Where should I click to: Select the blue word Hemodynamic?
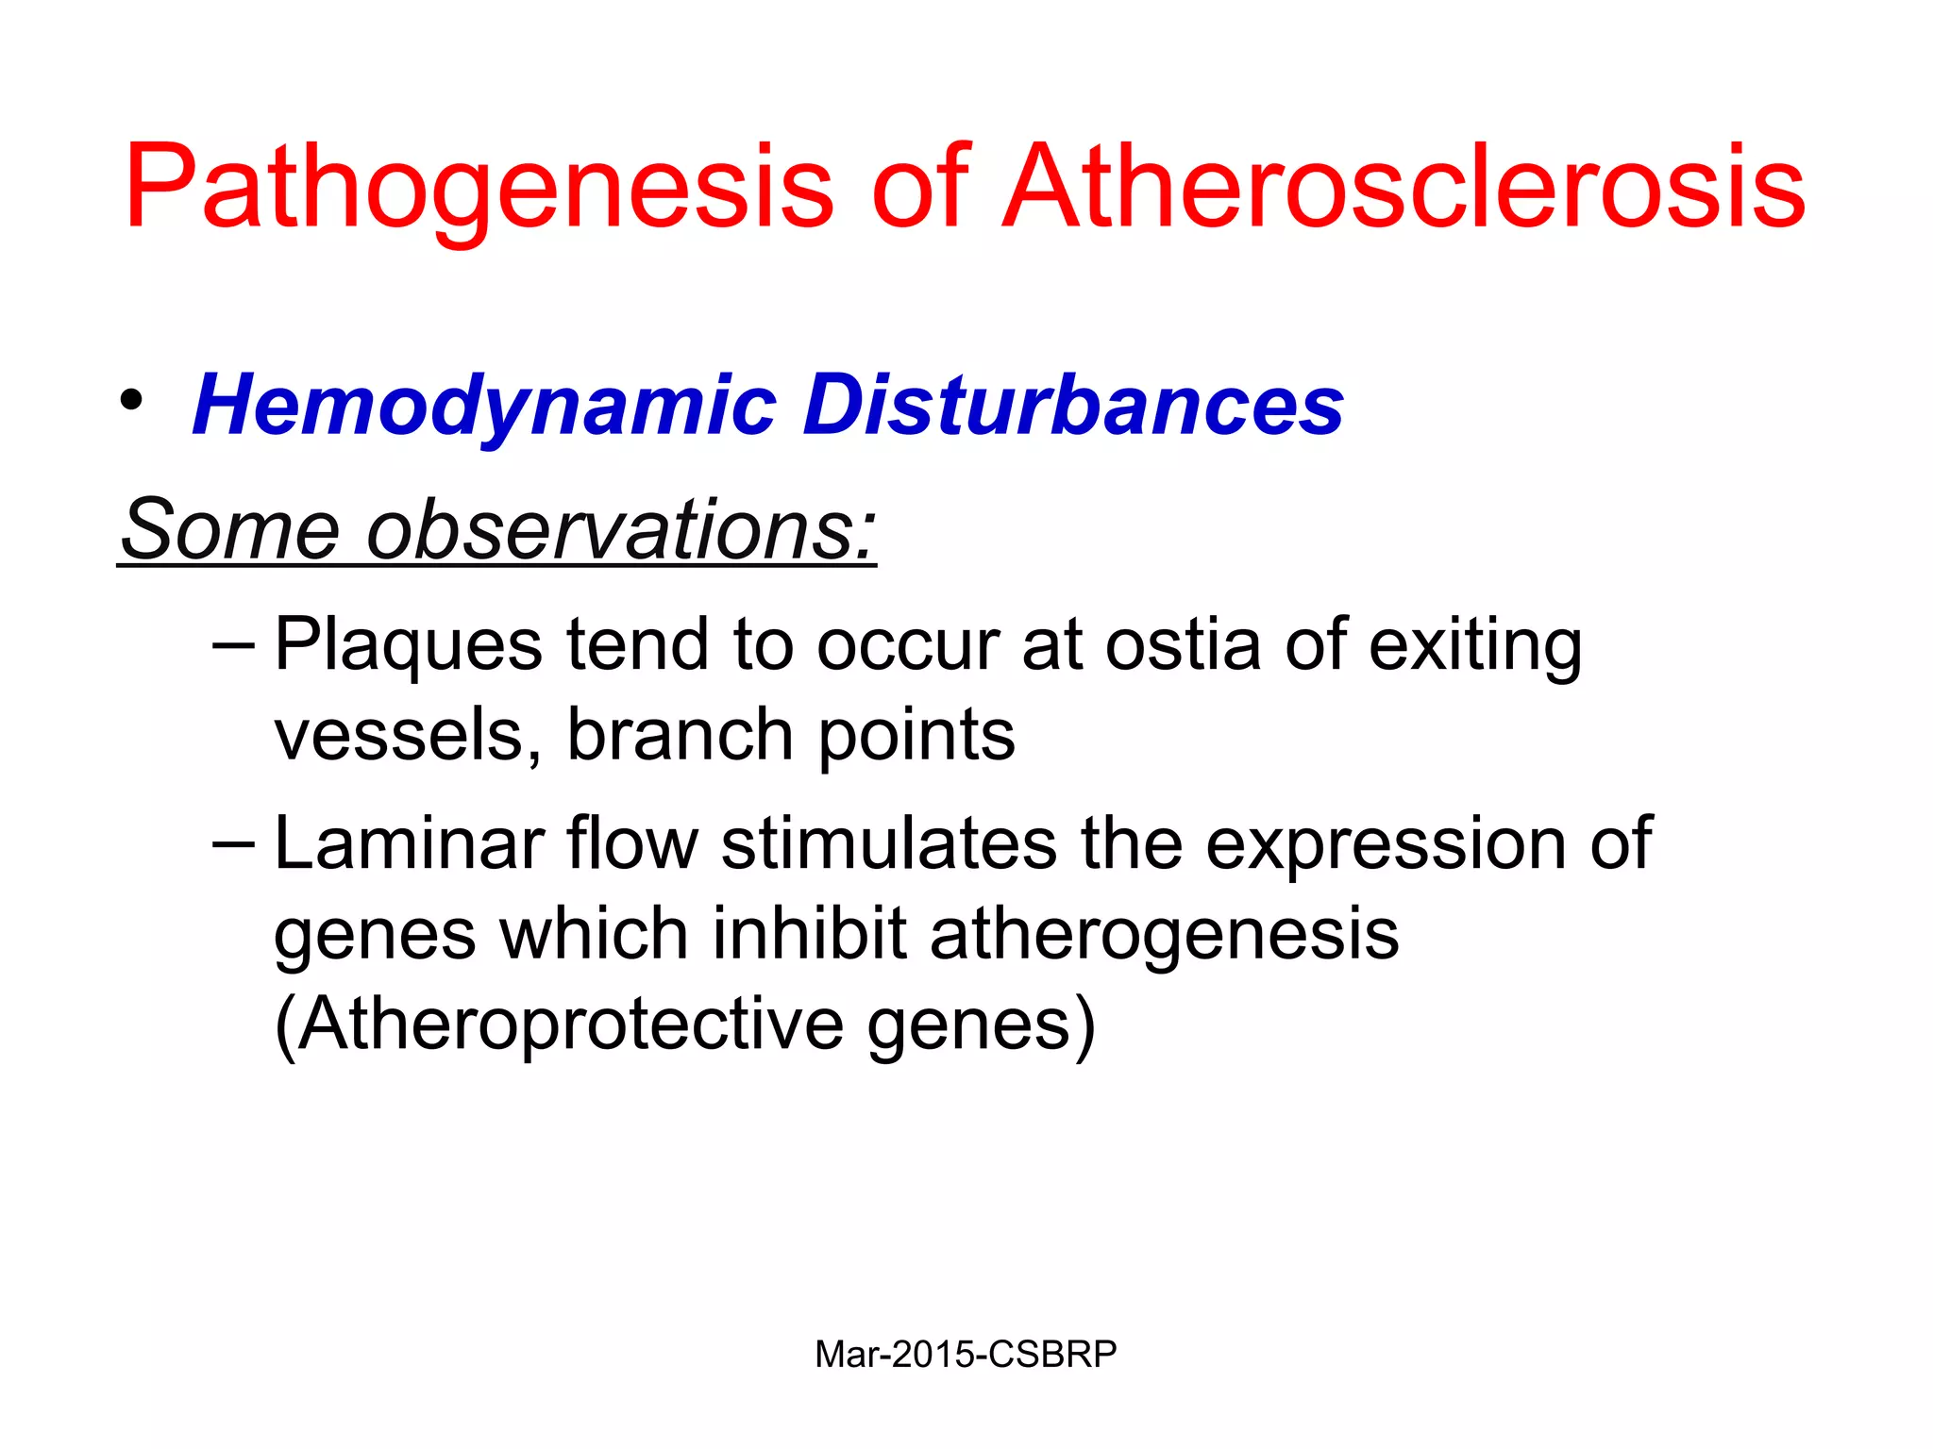[x=484, y=406]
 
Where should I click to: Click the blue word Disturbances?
[x=1073, y=406]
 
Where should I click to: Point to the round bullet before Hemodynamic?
[x=131, y=401]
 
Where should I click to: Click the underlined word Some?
[x=229, y=529]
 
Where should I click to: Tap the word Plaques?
[x=408, y=647]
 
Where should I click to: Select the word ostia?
[x=1183, y=645]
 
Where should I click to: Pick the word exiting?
[x=1475, y=647]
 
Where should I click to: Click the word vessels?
[x=408, y=736]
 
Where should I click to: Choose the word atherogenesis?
[x=1164, y=935]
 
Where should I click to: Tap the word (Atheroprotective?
[x=559, y=1025]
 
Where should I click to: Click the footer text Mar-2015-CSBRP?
[x=966, y=1355]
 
